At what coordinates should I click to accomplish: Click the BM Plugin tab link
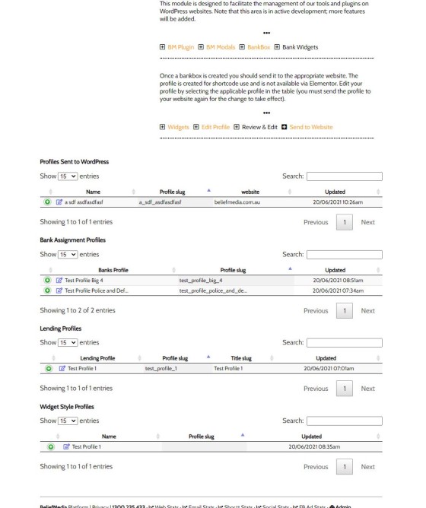click(180, 47)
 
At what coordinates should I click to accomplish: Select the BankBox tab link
click(256, 47)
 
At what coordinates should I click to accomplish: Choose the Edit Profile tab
click(215, 126)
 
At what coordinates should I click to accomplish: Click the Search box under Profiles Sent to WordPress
click(344, 176)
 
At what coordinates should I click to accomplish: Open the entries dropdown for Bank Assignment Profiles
click(69, 254)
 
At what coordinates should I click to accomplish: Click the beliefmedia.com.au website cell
click(237, 202)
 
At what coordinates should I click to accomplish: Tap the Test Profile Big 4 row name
click(89, 280)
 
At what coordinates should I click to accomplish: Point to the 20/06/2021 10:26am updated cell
click(335, 202)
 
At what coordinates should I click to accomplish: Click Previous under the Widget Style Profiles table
click(316, 466)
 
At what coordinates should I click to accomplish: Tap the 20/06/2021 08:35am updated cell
click(311, 446)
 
